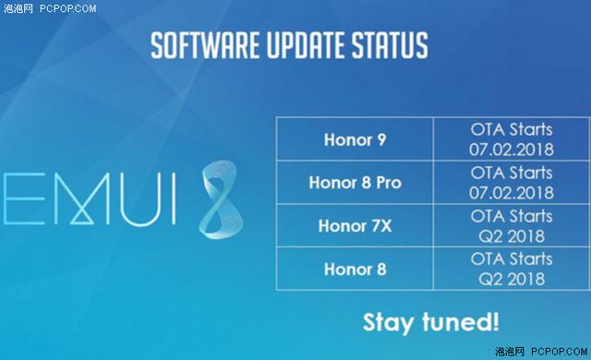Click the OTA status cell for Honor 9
click(512, 140)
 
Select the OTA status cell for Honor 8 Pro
click(512, 182)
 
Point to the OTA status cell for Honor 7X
click(512, 226)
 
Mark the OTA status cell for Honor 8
click(512, 270)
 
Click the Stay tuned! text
click(430, 322)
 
